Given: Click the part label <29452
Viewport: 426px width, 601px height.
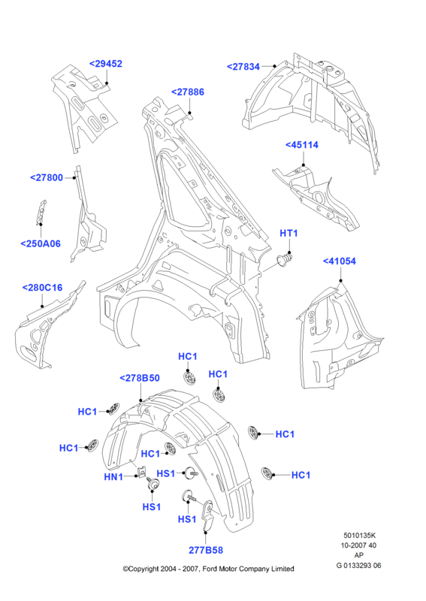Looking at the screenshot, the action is (105, 64).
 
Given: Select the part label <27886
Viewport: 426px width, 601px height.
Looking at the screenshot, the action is (188, 92).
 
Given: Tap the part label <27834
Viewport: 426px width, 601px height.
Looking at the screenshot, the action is (243, 67).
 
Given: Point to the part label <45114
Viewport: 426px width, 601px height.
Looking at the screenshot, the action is (302, 145).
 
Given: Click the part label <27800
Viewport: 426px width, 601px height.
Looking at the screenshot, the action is (47, 177).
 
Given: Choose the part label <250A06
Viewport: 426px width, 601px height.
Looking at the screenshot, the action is (41, 243).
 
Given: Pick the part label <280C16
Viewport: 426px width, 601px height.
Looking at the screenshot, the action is (42, 288).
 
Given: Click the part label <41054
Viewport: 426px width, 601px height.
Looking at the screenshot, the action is (340, 261).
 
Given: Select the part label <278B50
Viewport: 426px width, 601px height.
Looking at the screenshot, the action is (140, 378).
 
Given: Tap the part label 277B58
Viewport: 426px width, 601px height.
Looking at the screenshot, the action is (206, 550).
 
